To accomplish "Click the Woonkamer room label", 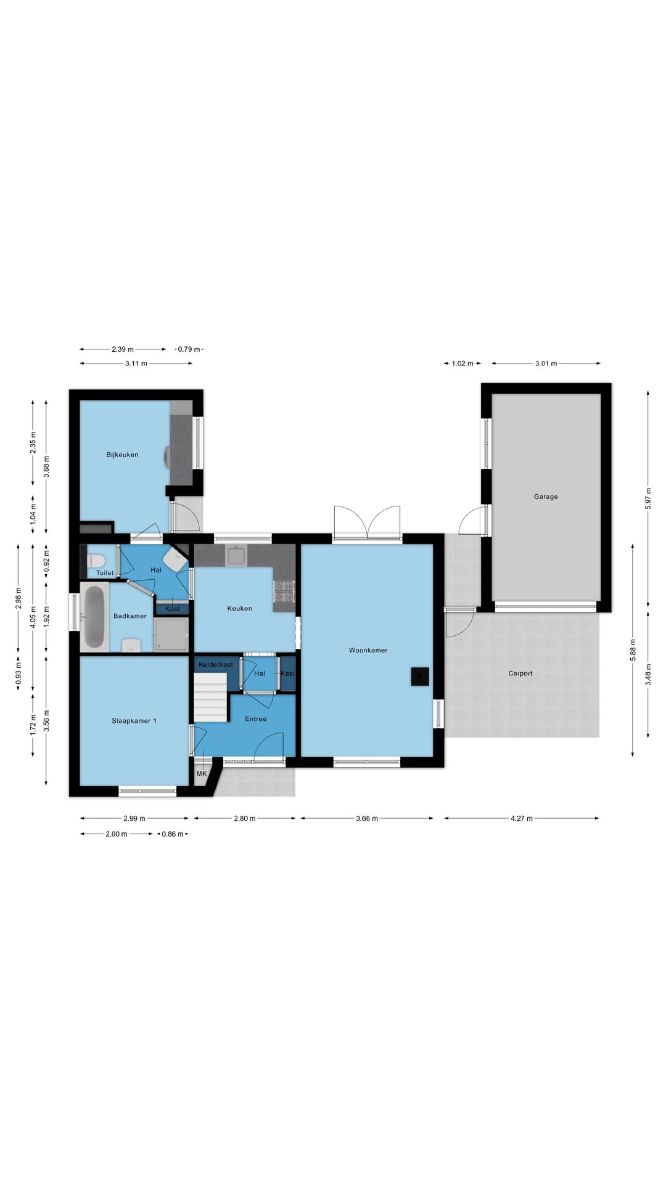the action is (368, 650).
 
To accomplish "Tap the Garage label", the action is (546, 497).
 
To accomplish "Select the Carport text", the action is (520, 673).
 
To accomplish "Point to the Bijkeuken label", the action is (122, 455).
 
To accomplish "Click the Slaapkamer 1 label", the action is (134, 721).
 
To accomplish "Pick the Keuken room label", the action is (239, 609).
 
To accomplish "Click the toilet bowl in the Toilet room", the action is (96, 561).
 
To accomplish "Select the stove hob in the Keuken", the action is (284, 592).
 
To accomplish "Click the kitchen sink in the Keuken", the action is (236, 556).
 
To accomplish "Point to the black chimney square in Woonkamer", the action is (420, 677).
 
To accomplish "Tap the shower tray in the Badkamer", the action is (171, 635).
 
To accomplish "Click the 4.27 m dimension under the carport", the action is (521, 818).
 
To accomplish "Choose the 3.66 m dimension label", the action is (367, 818).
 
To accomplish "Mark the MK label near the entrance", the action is (202, 774).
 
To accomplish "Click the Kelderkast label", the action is (216, 665).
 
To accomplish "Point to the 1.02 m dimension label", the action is (462, 364).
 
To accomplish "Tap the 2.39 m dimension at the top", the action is (123, 349).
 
